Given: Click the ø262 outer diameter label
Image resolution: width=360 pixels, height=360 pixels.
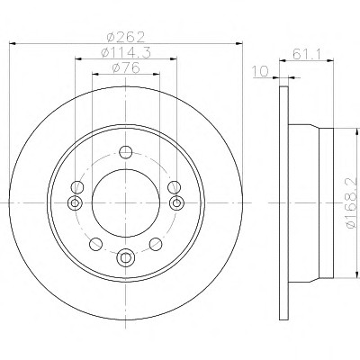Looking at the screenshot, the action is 126,37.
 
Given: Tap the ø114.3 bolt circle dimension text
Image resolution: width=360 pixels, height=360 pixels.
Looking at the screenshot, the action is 126,53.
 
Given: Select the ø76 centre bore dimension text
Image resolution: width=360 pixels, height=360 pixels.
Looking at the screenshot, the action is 126,67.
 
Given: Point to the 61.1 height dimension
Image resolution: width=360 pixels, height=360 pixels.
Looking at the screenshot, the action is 307,54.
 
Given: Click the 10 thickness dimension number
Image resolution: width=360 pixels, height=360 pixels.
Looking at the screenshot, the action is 260,71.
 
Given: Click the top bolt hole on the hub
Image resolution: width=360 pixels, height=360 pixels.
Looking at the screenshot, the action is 126,152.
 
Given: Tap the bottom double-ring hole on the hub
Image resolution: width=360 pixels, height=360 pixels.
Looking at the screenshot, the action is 126,257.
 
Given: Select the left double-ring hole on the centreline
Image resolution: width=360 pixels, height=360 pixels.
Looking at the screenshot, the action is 75,203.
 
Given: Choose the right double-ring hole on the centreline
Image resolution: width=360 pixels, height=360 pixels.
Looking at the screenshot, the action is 176,203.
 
